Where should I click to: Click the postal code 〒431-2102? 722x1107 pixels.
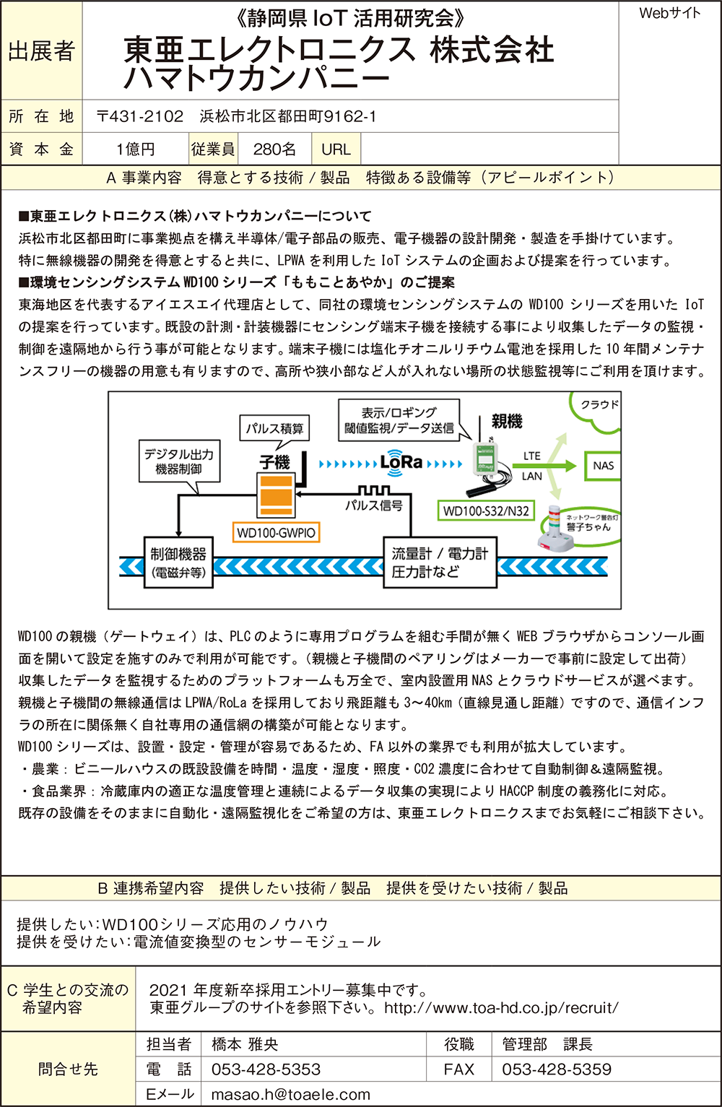pyautogui.click(x=140, y=117)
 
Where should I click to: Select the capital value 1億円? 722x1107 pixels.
pyautogui.click(x=135, y=149)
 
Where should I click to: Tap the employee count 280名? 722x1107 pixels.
pyautogui.click(x=274, y=149)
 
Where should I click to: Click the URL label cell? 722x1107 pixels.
pyautogui.click(x=336, y=149)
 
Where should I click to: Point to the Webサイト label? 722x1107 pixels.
pyautogui.click(x=669, y=13)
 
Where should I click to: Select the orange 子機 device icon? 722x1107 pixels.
pyautogui.click(x=275, y=492)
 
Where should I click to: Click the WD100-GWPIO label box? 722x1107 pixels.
pyautogui.click(x=276, y=533)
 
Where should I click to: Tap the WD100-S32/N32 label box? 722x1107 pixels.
pyautogui.click(x=485, y=511)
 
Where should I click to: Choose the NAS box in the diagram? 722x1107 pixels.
pyautogui.click(x=603, y=466)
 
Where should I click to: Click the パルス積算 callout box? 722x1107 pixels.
pyautogui.click(x=274, y=428)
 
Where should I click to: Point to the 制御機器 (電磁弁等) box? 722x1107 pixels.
pyautogui.click(x=178, y=563)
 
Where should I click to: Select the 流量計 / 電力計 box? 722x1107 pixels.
pyautogui.click(x=439, y=563)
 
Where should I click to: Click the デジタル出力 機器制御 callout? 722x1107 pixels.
pyautogui.click(x=178, y=461)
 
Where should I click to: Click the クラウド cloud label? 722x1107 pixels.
pyautogui.click(x=599, y=405)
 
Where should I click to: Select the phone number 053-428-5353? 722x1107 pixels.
pyautogui.click(x=266, y=1069)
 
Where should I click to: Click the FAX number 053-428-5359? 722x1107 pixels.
pyautogui.click(x=556, y=1069)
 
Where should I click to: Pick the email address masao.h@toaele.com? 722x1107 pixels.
pyautogui.click(x=290, y=1095)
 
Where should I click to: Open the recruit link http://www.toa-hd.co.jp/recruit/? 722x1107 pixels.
pyautogui.click(x=501, y=1008)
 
